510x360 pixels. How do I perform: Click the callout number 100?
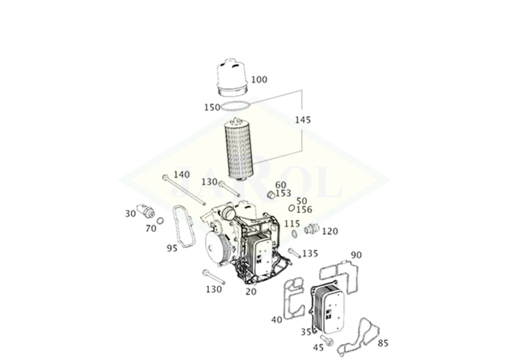(x=259, y=80)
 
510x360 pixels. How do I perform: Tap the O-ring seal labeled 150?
(x=236, y=106)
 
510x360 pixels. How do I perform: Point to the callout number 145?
(x=303, y=120)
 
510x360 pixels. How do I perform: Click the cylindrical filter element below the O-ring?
(x=240, y=148)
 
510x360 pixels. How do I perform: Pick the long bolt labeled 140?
(x=184, y=190)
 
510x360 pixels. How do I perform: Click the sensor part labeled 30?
(x=145, y=211)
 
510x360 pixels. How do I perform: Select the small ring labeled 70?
(x=160, y=221)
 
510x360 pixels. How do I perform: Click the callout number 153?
(x=283, y=193)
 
